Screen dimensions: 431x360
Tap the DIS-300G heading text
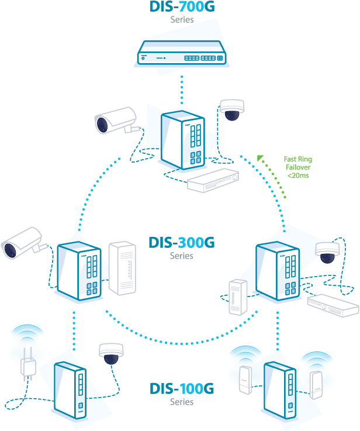tap(181, 243)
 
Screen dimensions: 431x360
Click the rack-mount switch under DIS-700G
tap(182, 52)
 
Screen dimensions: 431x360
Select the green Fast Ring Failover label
tap(297, 167)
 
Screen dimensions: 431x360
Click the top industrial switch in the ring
tap(182, 140)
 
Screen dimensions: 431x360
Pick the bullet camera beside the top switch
tap(115, 121)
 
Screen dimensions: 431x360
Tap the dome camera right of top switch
tap(231, 109)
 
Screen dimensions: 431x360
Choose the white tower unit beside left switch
tap(122, 268)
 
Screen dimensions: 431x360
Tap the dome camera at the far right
tap(327, 251)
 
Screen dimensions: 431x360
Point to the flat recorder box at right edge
tap(331, 304)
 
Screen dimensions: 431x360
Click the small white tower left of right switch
tap(238, 297)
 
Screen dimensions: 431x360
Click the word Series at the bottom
tap(181, 402)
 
